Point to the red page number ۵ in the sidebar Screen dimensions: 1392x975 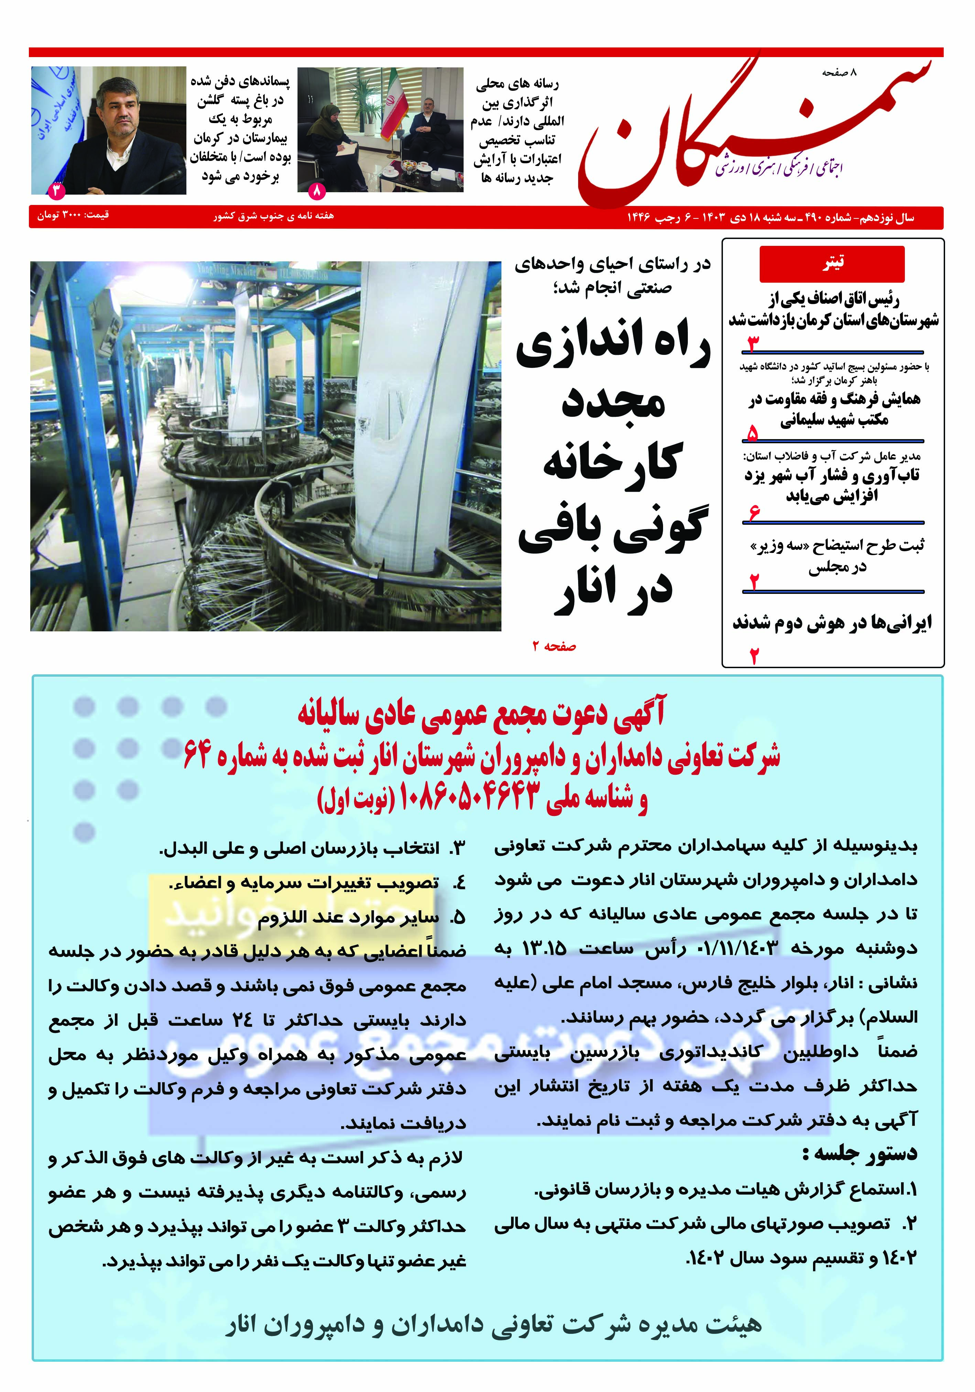point(752,433)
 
